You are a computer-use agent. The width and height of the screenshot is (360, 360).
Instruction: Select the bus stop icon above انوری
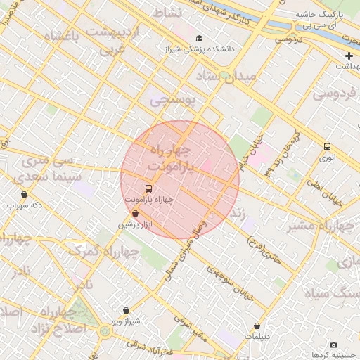click(x=327, y=147)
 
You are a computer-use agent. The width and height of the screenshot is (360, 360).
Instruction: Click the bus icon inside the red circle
click(x=148, y=188)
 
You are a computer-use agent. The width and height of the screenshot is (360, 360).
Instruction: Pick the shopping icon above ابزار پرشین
click(x=134, y=213)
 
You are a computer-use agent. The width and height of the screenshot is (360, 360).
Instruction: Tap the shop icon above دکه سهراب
click(x=25, y=195)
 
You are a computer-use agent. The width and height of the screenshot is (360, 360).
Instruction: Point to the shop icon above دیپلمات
click(x=257, y=326)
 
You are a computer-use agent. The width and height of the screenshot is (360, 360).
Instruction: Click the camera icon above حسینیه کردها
click(x=333, y=345)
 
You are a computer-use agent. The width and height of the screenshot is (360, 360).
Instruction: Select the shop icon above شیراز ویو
click(x=126, y=310)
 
